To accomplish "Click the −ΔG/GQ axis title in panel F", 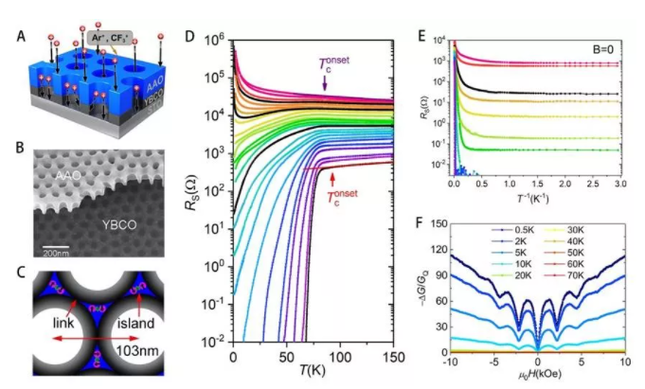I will pos(422,290).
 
